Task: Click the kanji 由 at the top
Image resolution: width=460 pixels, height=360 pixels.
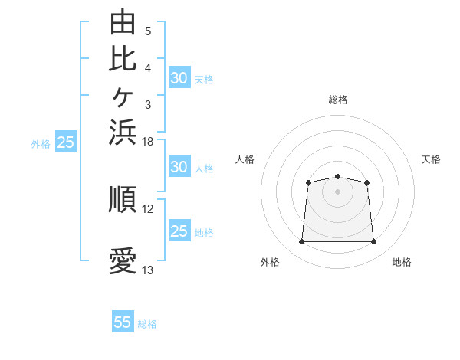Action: coord(123,21)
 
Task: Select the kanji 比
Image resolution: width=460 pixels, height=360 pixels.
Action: coord(123,60)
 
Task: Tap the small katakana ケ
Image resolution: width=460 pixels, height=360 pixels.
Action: coord(123,97)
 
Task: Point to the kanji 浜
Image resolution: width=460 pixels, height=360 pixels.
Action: coord(123,133)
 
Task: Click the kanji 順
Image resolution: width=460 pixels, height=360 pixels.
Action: coord(123,199)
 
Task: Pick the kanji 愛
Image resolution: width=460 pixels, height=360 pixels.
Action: coord(123,260)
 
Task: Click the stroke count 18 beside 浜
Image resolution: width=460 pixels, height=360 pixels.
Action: coord(147,142)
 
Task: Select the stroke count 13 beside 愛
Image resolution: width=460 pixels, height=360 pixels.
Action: coord(147,270)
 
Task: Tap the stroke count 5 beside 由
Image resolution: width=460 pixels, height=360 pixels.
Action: coord(148,31)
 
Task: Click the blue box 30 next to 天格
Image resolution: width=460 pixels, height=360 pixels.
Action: coord(179,77)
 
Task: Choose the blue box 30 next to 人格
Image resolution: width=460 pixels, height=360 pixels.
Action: coord(179,166)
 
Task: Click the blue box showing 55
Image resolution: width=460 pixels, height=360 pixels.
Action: coord(123,321)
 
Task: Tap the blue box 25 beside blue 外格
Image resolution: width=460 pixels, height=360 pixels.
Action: coord(66,141)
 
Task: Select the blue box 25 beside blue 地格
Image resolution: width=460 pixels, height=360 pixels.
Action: coord(179,230)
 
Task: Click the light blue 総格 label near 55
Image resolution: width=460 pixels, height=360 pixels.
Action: coord(147,324)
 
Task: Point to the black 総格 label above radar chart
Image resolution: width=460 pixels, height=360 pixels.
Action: coord(338,100)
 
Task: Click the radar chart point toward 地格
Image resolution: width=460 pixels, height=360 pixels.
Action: coord(373,241)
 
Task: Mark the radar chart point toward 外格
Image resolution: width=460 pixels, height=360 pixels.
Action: coord(301,241)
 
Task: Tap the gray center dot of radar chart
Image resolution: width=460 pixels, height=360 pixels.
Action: coord(337,191)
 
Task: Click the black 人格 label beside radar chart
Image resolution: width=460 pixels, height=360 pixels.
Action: coord(245,159)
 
